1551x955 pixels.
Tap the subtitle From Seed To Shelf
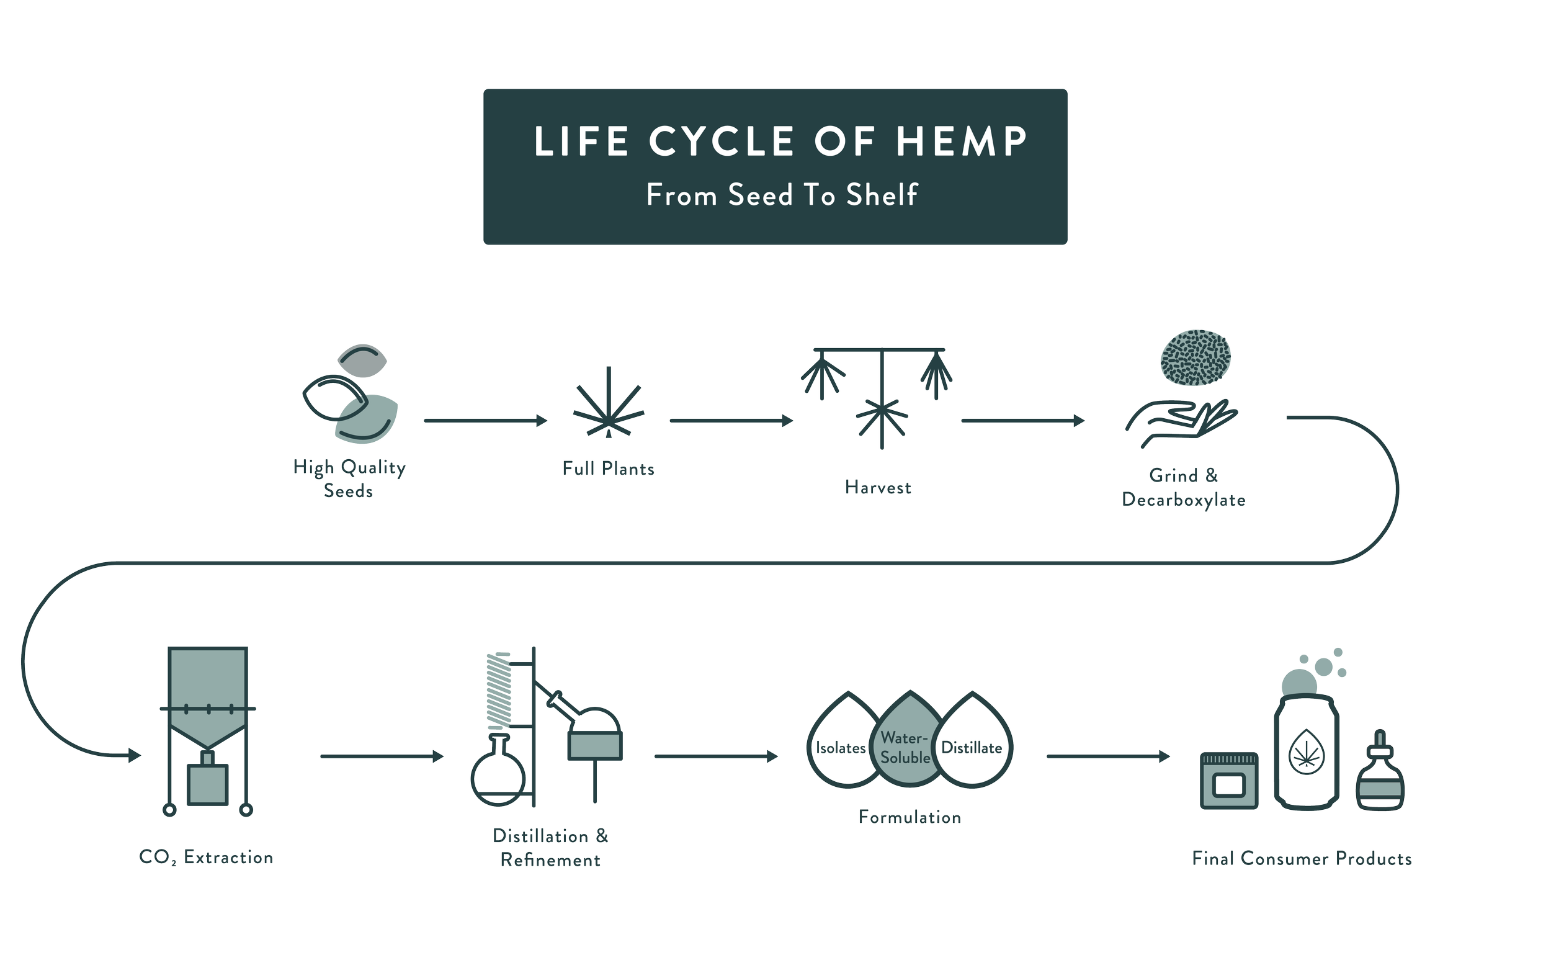click(x=781, y=195)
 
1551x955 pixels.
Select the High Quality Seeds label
click(x=349, y=479)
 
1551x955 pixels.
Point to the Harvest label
click(x=878, y=487)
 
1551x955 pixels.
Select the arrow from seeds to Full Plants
click(x=485, y=420)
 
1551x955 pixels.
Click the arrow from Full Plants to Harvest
click(x=731, y=420)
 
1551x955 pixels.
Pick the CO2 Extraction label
click(x=206, y=858)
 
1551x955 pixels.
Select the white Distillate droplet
click(x=973, y=748)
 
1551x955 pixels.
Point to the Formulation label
click(x=909, y=817)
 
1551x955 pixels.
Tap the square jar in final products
click(x=1229, y=781)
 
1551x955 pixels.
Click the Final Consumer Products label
click(x=1302, y=858)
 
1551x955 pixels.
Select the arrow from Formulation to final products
click(x=1107, y=756)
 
